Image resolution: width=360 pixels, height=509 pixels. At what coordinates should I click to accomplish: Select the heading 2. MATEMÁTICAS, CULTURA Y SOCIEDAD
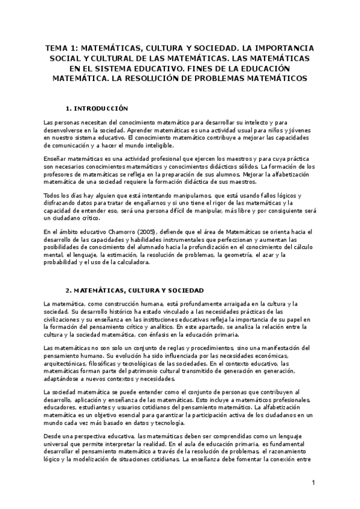click(x=134, y=289)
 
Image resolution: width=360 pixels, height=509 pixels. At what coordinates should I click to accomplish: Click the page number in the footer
click(x=313, y=483)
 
